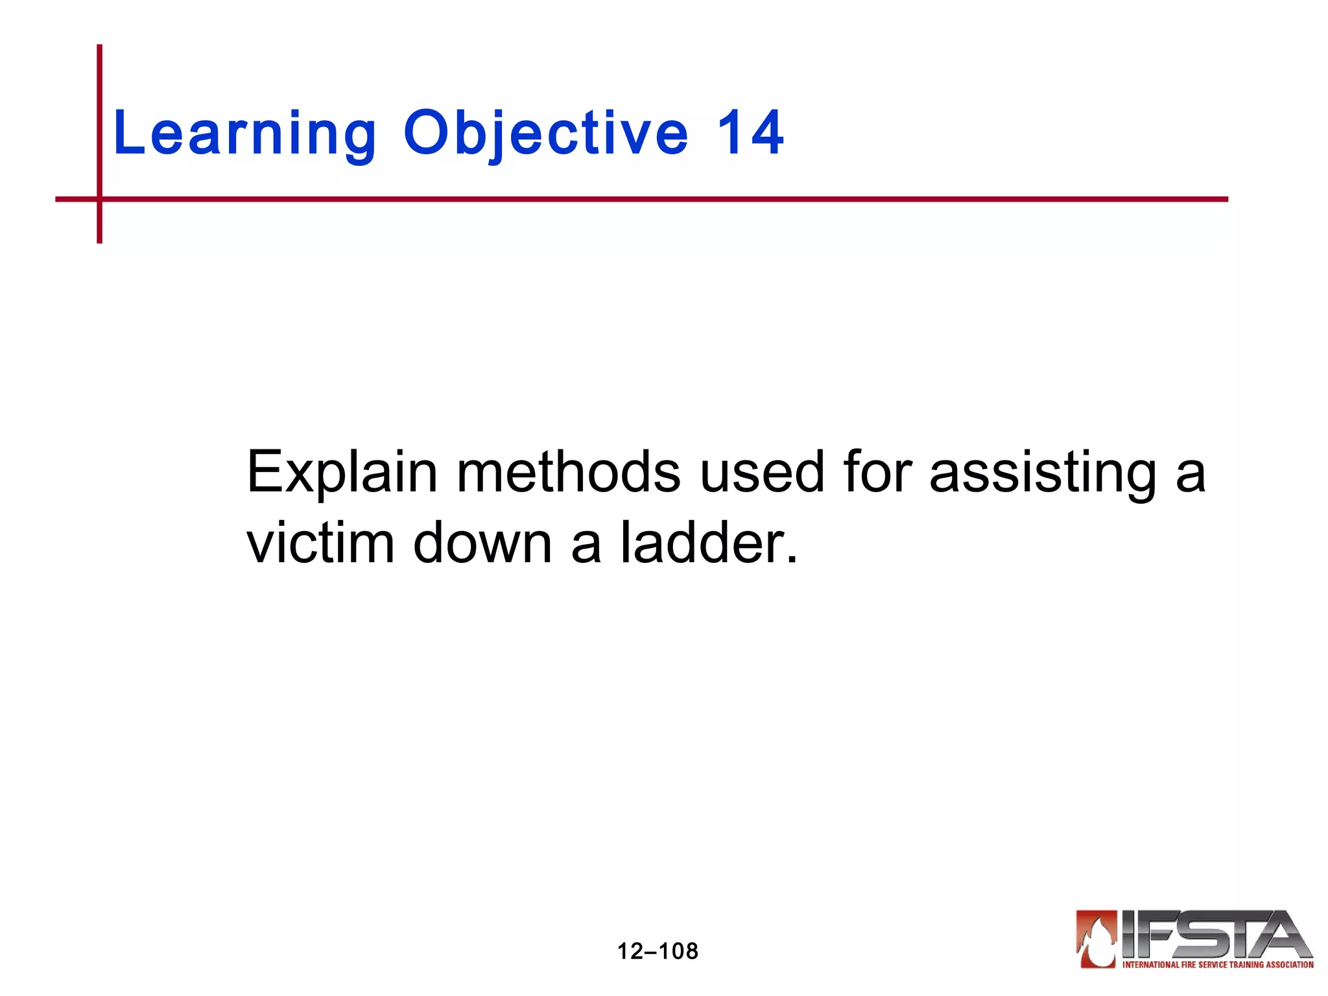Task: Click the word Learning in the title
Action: (x=244, y=134)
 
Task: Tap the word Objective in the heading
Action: (x=545, y=134)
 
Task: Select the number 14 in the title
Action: (x=750, y=134)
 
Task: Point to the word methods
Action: (x=569, y=472)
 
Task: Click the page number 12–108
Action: (x=658, y=951)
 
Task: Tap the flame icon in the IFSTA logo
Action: (x=1097, y=939)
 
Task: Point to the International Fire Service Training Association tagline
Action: (x=1218, y=965)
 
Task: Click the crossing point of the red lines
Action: (x=99, y=199)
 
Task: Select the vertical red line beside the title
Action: (x=99, y=117)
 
